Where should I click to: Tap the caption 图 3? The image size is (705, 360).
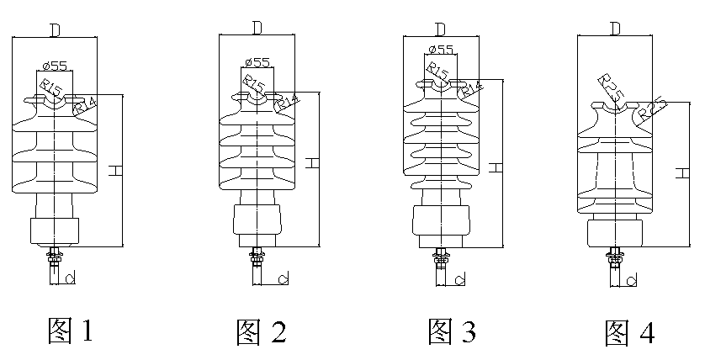click(x=452, y=331)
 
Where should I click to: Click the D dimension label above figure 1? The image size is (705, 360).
click(x=55, y=31)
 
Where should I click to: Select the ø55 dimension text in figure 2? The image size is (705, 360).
click(x=257, y=62)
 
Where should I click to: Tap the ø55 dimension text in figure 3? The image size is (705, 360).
click(x=442, y=50)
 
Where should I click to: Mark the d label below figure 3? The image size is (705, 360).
click(x=461, y=278)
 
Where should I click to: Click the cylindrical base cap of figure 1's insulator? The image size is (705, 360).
click(x=55, y=231)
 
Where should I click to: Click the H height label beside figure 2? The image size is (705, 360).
click(x=312, y=161)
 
